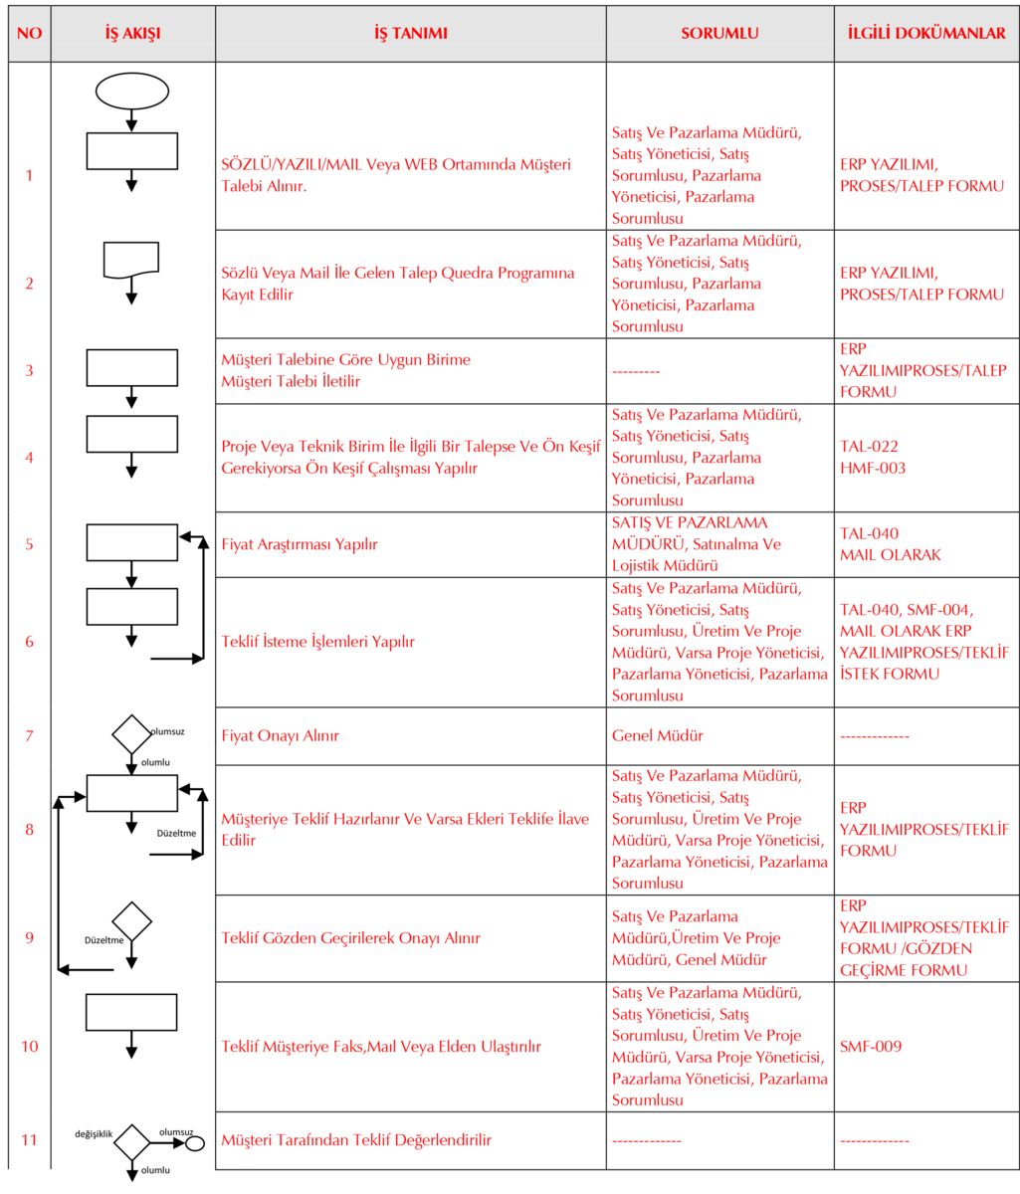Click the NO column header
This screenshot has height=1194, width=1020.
(29, 33)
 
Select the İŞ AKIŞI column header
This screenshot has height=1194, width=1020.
(132, 33)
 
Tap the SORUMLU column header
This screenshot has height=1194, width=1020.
(719, 33)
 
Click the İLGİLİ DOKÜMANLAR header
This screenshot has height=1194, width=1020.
(926, 33)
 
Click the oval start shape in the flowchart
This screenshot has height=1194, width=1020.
(132, 91)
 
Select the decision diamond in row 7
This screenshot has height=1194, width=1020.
(130, 734)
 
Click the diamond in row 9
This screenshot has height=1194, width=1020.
(131, 921)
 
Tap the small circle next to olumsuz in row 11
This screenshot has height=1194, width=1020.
(195, 1142)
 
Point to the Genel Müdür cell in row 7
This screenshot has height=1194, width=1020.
(658, 735)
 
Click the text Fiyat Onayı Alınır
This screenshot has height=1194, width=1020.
(281, 735)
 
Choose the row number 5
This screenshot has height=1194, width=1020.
(29, 544)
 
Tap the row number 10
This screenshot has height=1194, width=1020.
(29, 1047)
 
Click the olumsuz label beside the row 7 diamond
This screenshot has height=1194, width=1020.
(167, 731)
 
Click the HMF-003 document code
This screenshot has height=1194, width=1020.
(873, 468)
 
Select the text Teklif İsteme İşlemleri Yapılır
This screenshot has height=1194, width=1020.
(317, 642)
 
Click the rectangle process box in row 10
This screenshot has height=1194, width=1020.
(131, 1012)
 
